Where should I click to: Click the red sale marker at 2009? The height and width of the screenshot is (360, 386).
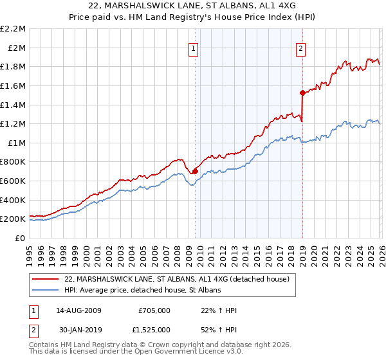(195, 171)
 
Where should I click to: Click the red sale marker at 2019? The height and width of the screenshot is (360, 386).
(302, 93)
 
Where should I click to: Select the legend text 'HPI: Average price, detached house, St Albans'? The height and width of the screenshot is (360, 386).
(142, 291)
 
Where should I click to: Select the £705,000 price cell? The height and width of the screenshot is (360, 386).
(154, 310)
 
